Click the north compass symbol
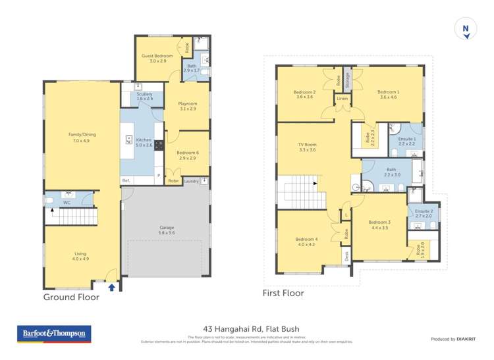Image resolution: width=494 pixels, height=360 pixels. [x=465, y=29]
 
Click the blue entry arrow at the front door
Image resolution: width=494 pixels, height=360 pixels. [x=111, y=286]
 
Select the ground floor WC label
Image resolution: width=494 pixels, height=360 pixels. [x=67, y=203]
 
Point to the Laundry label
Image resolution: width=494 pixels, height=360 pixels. [x=192, y=180]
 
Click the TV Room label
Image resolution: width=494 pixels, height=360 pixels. [x=308, y=147]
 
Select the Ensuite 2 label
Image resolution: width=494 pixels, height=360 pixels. [x=423, y=212]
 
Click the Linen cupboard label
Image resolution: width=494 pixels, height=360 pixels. [x=342, y=99]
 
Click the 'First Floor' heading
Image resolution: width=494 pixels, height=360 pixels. [x=283, y=293]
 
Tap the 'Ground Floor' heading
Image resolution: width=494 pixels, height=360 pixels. [x=71, y=297]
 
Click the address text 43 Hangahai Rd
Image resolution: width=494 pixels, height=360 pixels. [x=247, y=329]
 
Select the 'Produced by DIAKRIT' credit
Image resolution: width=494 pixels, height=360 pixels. [x=453, y=339]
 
